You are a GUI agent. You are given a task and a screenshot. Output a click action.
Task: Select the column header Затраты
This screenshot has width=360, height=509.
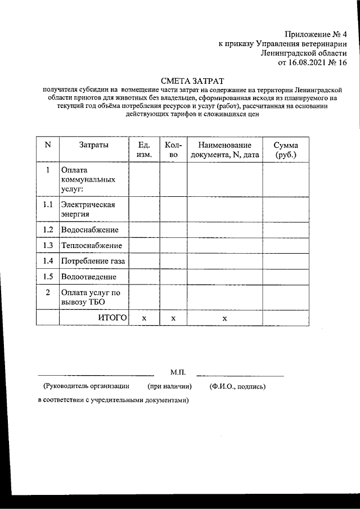pyautogui.click(x=94, y=145)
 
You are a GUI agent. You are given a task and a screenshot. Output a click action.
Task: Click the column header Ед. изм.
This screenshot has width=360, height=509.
pyautogui.click(x=143, y=150)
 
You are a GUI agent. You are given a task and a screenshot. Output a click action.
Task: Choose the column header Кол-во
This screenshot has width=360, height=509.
pyautogui.click(x=173, y=150)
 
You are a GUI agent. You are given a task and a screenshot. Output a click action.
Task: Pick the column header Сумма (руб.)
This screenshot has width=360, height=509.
pyautogui.click(x=286, y=150)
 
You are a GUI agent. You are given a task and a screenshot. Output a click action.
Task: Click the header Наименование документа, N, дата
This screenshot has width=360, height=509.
pyautogui.click(x=224, y=150)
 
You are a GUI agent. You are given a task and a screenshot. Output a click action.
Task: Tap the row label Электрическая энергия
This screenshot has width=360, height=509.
pyautogui.click(x=88, y=209)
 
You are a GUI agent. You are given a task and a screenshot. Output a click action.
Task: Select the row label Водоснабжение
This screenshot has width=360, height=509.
pyautogui.click(x=90, y=230)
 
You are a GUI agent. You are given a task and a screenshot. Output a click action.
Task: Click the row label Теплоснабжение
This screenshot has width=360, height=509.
pyautogui.click(x=92, y=246)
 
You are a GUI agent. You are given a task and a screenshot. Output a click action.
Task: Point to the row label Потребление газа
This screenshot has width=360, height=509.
pyautogui.click(x=93, y=262)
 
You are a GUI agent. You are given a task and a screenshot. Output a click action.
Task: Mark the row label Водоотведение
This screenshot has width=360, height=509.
pyautogui.click(x=89, y=277)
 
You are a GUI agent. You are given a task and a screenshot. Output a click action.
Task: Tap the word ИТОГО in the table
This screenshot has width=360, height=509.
pyautogui.click(x=111, y=318)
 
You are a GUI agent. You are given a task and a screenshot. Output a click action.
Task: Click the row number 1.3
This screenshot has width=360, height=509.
pyautogui.click(x=48, y=246)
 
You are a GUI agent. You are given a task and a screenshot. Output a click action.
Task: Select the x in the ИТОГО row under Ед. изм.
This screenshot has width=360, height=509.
pyautogui.click(x=143, y=318)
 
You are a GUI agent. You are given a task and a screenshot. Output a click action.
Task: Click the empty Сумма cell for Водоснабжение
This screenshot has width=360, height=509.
pyautogui.click(x=286, y=230)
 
